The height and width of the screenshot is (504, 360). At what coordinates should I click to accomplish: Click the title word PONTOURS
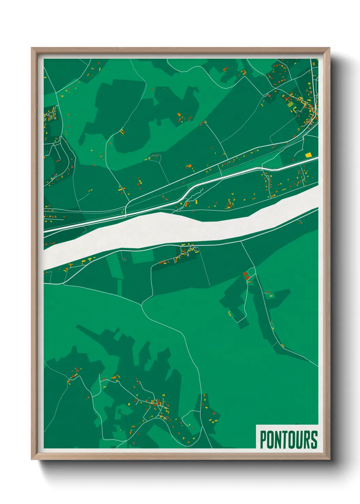pos(289,440)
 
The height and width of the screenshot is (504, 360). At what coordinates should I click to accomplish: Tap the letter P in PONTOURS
pos(263,440)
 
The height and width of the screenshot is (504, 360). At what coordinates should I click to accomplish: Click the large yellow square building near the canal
pos(308,155)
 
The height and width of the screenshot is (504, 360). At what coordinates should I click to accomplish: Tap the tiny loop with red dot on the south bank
pos(300,223)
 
